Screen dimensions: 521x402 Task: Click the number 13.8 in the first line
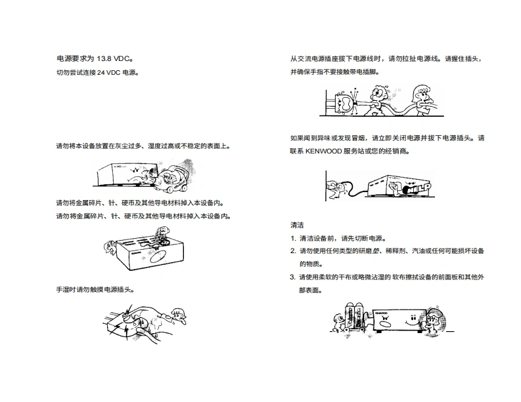tap(104, 59)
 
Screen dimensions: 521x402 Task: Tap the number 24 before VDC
tap(101, 72)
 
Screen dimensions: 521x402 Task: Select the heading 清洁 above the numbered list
tap(297, 225)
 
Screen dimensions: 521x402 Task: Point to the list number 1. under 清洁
tap(293, 238)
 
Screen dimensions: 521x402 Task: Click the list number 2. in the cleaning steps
tap(293, 251)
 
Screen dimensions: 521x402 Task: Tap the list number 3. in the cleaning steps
tap(293, 277)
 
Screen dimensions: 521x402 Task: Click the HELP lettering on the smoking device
tap(417, 188)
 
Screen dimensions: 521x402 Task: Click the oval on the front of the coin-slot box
tap(159, 256)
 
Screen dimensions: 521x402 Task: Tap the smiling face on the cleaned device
tap(412, 320)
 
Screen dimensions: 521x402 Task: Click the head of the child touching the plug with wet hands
tap(179, 314)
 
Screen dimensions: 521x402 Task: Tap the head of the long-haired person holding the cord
tap(420, 92)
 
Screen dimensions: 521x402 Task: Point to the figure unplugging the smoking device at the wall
tap(337, 190)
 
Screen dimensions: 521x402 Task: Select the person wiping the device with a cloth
tap(436, 321)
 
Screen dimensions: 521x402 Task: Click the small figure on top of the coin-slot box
tap(162, 235)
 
